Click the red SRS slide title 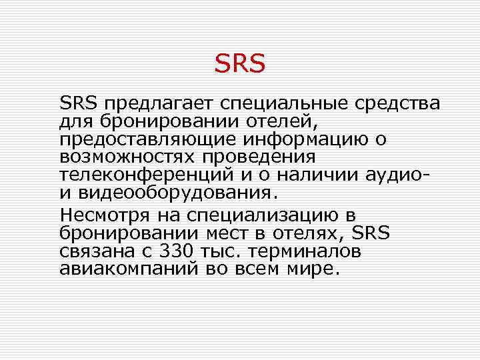(x=240, y=64)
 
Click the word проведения (x=259, y=158)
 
